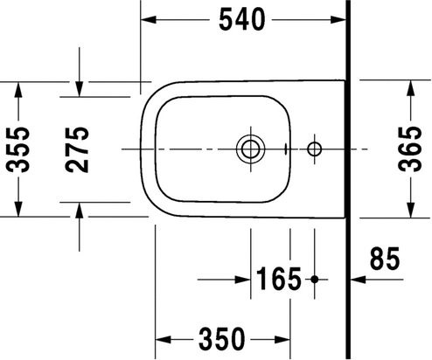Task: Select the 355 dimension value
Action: point(19,149)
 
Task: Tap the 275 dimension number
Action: point(79,149)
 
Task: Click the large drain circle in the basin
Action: point(249,149)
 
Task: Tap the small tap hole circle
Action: point(315,149)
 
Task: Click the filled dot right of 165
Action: point(315,280)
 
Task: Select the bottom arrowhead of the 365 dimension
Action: point(411,211)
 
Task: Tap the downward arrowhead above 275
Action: point(79,88)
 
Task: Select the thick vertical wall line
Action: point(349,175)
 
